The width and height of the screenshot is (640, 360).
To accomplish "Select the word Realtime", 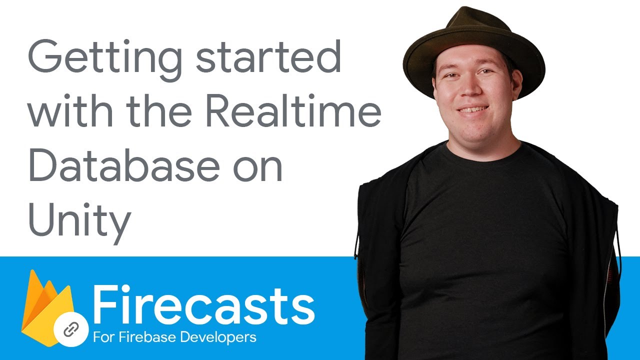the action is pos(293,110).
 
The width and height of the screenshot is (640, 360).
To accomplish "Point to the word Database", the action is pos(124,164).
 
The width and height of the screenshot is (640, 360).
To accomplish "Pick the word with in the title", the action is pos(71,110).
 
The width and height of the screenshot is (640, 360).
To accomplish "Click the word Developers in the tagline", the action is pos(218,337).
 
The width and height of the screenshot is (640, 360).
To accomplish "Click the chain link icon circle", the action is pos(71,329).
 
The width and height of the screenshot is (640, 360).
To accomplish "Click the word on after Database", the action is pos(257,168).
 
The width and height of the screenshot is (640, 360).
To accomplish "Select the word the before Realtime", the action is pos(159,110).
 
